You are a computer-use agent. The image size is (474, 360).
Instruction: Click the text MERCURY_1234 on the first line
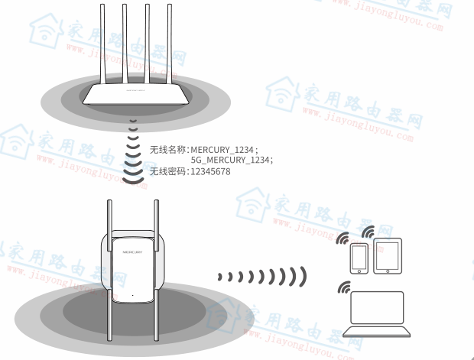(222, 148)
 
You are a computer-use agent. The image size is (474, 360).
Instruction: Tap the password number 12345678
(210, 171)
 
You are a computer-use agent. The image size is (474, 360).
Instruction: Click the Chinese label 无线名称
(168, 148)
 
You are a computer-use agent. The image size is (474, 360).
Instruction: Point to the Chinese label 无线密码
(168, 171)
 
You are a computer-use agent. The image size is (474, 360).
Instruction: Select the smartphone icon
(359, 258)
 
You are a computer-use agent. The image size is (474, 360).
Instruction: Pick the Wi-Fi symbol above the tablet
(368, 232)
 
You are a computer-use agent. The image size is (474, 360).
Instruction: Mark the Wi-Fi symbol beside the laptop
(343, 288)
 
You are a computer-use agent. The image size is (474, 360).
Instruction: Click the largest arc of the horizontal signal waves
(303, 276)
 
